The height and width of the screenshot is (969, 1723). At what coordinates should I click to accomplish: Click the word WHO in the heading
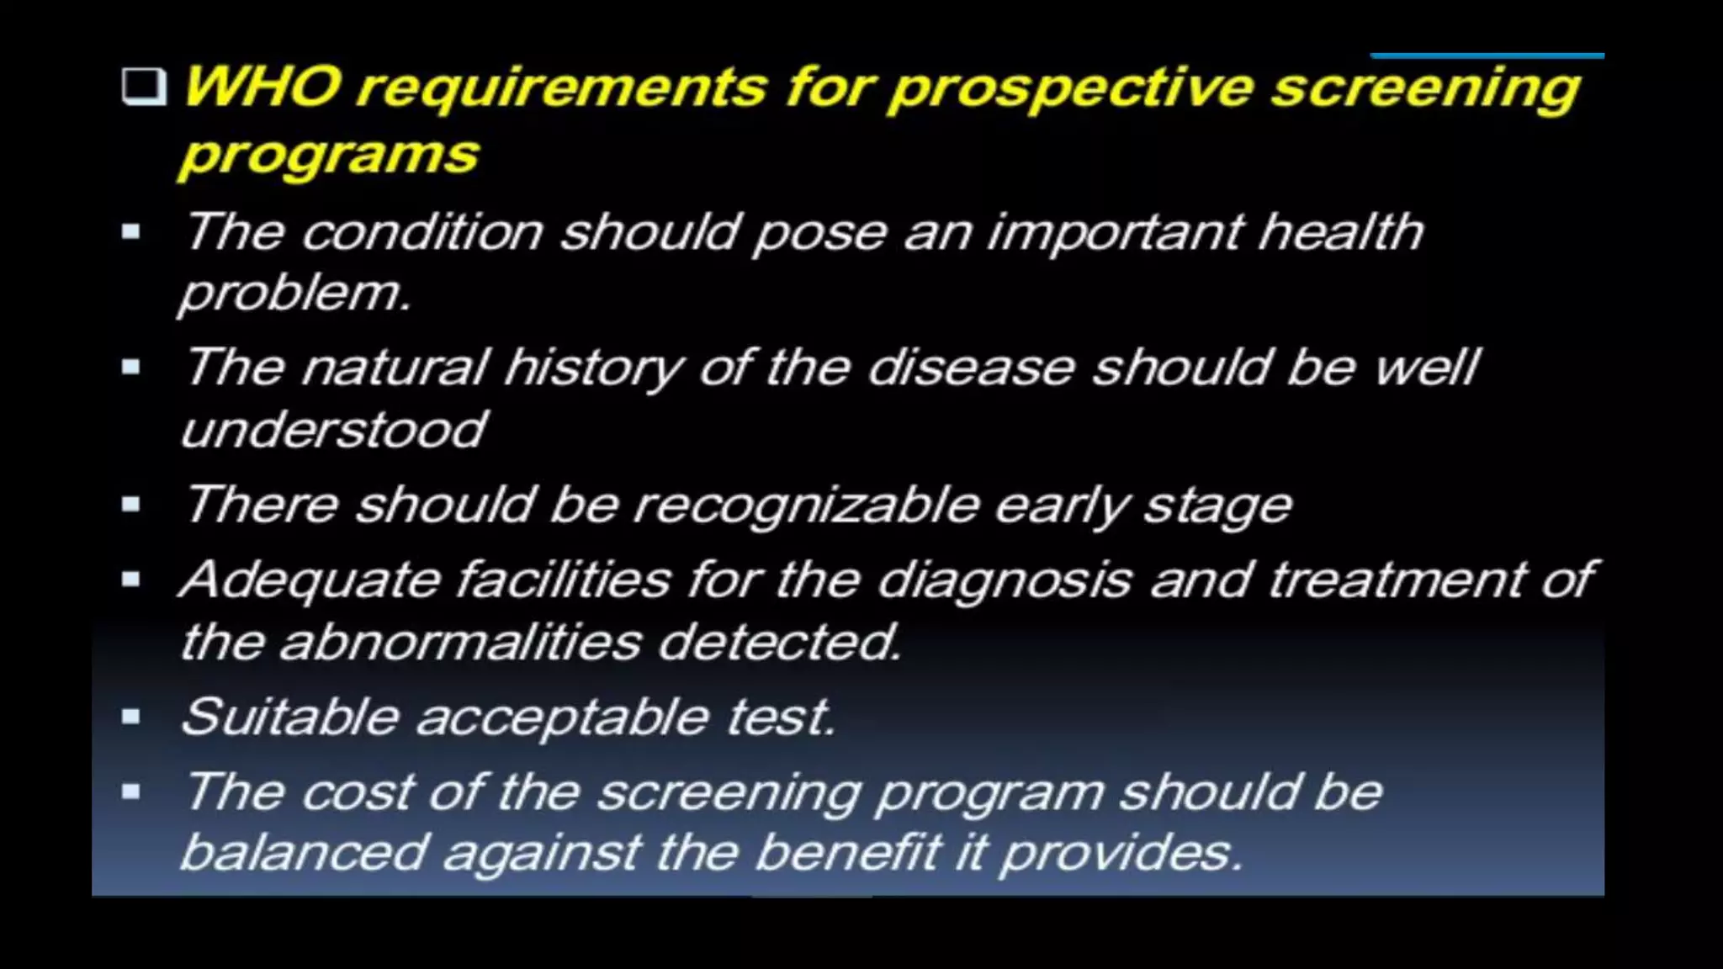[262, 87]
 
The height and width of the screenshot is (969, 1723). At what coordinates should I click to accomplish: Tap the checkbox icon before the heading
[143, 87]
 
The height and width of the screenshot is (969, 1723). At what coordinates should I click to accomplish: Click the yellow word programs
[329, 156]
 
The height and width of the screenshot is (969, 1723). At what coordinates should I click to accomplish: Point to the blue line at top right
[1487, 56]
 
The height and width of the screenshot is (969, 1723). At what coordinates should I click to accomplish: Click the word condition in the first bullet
[422, 232]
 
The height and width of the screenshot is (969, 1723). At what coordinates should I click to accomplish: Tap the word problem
[294, 294]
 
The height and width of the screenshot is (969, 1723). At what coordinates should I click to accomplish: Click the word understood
[333, 431]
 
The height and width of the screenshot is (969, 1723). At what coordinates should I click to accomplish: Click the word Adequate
[310, 581]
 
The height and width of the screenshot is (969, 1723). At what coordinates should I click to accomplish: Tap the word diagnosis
[1004, 581]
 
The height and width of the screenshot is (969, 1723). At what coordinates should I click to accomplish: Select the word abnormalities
[460, 643]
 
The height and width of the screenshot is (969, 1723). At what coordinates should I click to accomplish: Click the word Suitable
[289, 717]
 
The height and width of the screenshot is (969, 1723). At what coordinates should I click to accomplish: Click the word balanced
[304, 854]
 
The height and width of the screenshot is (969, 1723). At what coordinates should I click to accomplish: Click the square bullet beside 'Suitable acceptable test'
[130, 717]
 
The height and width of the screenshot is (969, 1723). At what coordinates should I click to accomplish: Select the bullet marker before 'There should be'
[130, 505]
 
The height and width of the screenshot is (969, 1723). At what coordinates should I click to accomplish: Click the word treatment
[1396, 580]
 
